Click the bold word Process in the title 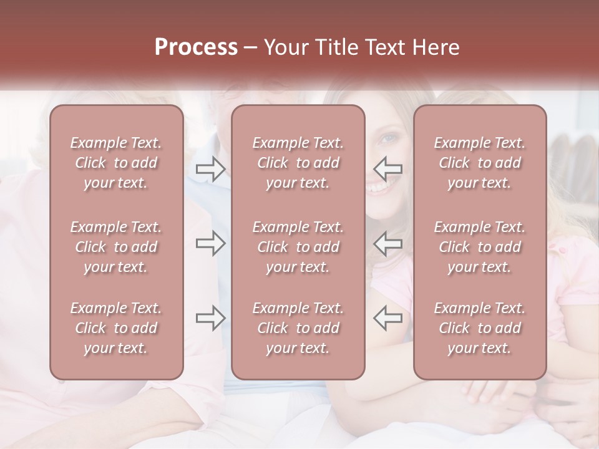196,47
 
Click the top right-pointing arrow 210,168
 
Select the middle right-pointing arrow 210,243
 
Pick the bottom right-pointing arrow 210,317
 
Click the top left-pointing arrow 388,168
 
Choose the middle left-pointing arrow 388,243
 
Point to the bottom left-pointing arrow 388,317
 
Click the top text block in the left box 116,163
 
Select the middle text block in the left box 116,247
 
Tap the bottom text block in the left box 116,328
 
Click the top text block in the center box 298,163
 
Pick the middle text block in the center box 298,247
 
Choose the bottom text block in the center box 298,328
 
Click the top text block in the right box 479,163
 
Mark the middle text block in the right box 479,247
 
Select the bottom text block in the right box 479,328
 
